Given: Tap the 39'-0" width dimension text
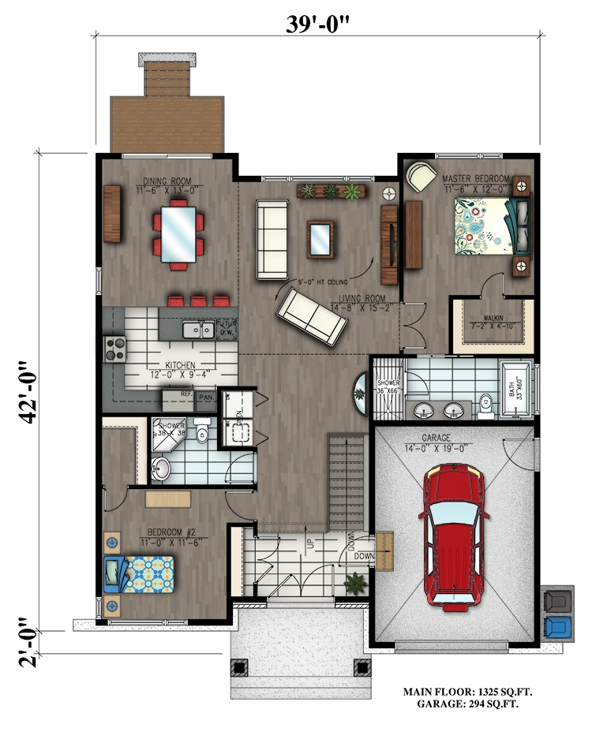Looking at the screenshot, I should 318,24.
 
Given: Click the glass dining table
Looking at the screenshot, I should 179,233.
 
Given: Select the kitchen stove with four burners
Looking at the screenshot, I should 115,347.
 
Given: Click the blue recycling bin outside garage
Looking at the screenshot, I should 558,628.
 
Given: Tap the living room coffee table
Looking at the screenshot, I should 320,239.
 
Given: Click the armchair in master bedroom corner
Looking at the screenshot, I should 420,175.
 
